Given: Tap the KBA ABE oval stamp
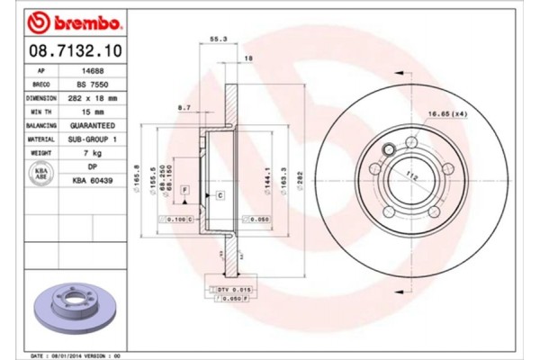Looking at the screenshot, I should [41, 175].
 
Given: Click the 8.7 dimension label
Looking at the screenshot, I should [184, 108].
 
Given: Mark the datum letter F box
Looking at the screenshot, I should [184, 189].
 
